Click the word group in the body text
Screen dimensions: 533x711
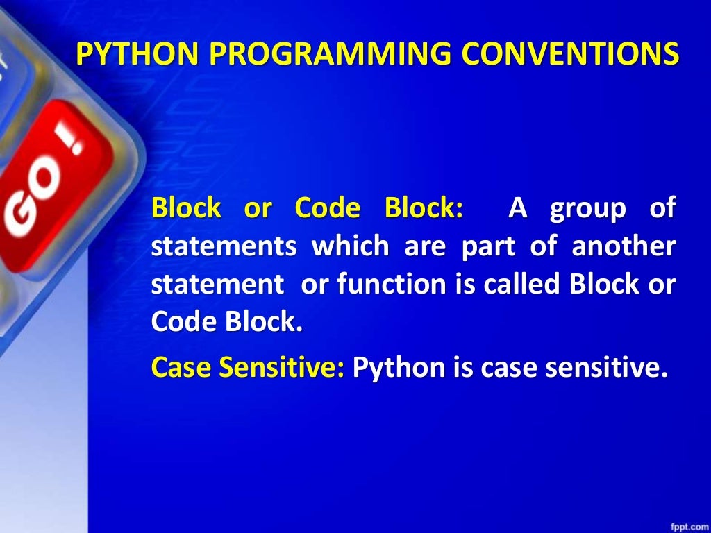pos(587,208)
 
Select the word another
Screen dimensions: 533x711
pos(623,247)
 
